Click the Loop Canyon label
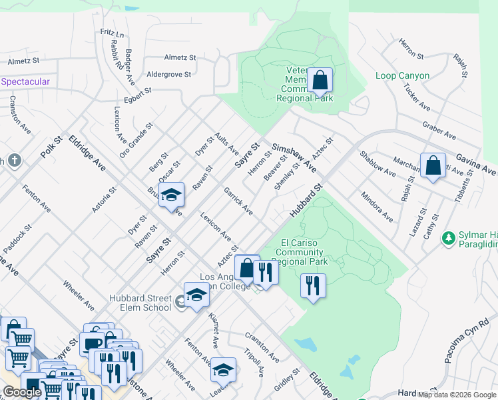pyautogui.click(x=402, y=76)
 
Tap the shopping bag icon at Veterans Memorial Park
pyautogui.click(x=320, y=80)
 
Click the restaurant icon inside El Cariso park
pyautogui.click(x=312, y=287)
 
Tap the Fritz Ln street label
pyautogui.click(x=113, y=33)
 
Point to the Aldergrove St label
pyautogui.click(x=168, y=74)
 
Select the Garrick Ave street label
pyautogui.click(x=238, y=201)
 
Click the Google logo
pyautogui.click(x=22, y=392)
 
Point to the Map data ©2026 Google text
pyautogui.click(x=457, y=395)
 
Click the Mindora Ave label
pyautogui.click(x=376, y=206)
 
